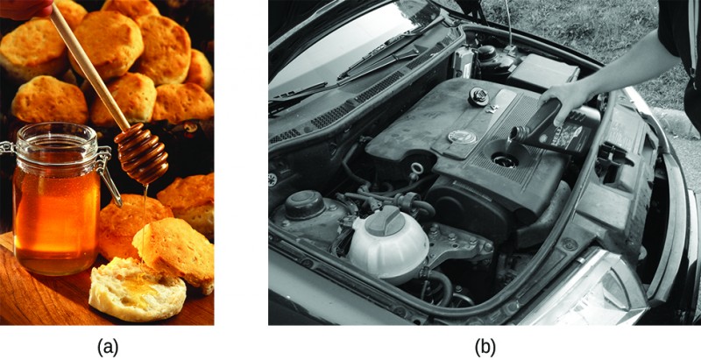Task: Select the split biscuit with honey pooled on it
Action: [136, 289]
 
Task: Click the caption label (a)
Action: [107, 347]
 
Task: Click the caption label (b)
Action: [485, 347]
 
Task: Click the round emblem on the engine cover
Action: [462, 137]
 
